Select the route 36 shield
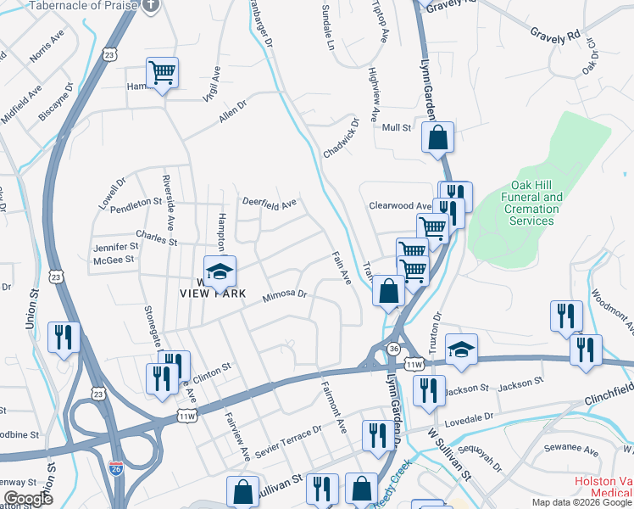point(394,349)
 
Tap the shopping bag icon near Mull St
point(437,137)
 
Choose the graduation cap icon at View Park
point(220,271)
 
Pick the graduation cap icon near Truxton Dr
point(461,349)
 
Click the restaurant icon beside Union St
point(64,337)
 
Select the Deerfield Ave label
point(270,204)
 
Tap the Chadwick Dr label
point(341,138)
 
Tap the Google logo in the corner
point(28,499)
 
